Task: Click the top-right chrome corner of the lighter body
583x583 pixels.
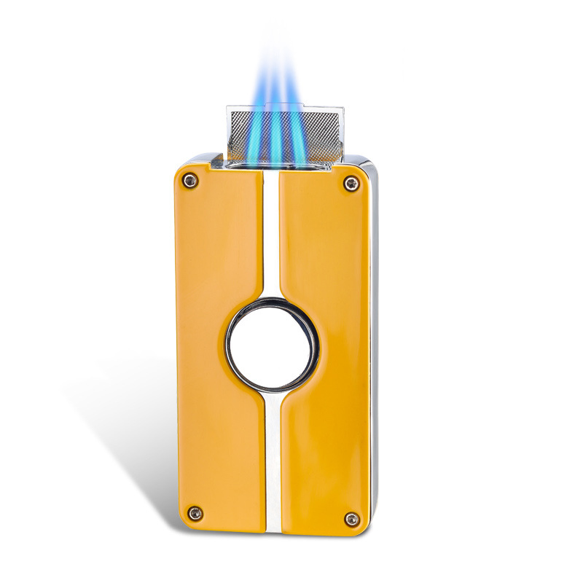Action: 367,165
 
